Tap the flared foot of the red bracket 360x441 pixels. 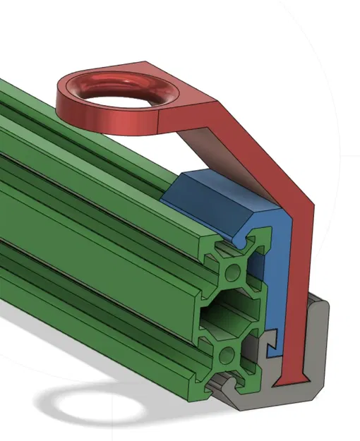tap(289, 382)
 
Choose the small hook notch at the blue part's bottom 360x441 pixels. tap(270, 347)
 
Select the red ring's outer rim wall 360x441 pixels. tap(106, 120)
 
